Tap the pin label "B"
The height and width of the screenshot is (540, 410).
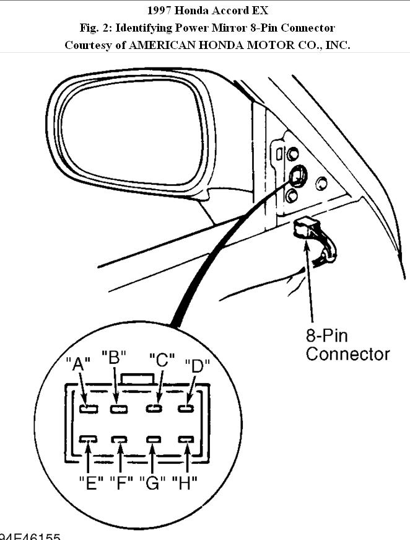114,358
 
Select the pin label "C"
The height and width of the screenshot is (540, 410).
162,360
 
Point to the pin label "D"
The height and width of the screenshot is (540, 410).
198,365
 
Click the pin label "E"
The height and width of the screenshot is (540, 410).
90,482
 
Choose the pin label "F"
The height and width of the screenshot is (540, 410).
121,482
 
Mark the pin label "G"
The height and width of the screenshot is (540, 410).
152,482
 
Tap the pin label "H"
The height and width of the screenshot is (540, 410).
185,482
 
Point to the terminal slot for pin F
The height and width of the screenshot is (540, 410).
120,440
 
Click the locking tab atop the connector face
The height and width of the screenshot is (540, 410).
138,378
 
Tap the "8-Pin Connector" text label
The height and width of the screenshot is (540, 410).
347,345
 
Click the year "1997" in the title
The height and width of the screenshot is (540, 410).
159,11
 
